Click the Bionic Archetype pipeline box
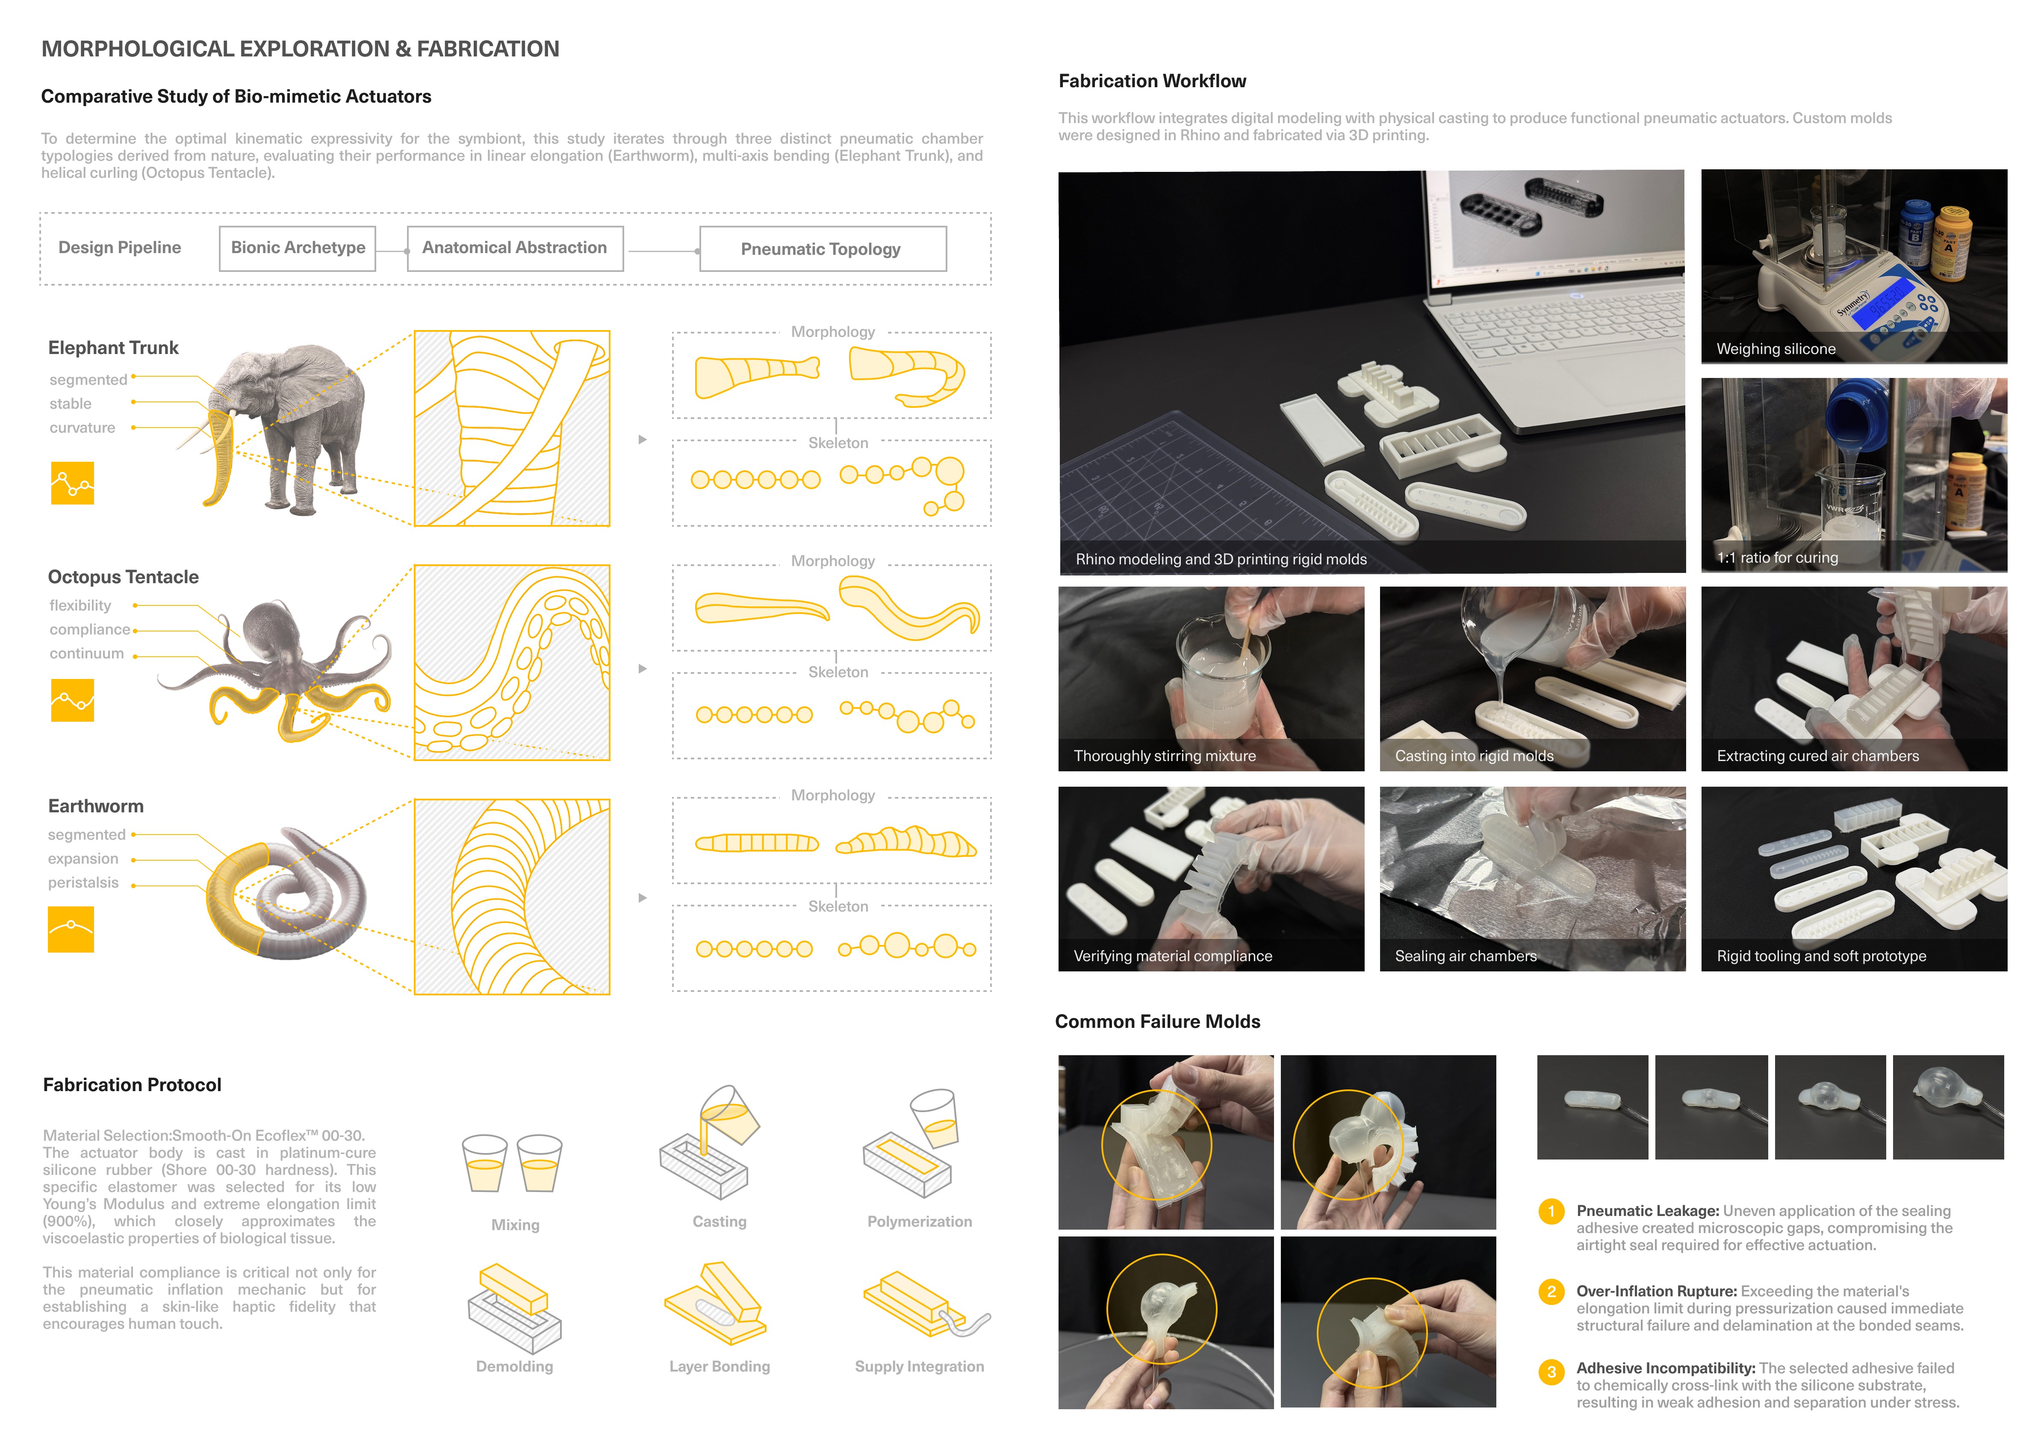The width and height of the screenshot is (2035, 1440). coord(298,248)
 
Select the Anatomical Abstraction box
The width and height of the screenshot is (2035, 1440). coord(515,248)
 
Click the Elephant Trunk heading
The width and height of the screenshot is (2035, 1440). coord(113,348)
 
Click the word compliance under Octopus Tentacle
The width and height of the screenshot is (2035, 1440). coord(89,629)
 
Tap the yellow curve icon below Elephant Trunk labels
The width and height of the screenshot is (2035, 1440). coord(73,483)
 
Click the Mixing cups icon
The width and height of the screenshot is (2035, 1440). coord(513,1163)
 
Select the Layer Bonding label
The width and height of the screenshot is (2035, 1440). coord(719,1366)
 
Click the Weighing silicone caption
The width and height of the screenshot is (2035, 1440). coord(1776,348)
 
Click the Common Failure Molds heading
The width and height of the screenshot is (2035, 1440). coord(1157,1021)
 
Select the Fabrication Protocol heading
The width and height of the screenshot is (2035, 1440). coord(132,1084)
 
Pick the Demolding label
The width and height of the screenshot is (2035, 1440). coord(514,1366)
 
